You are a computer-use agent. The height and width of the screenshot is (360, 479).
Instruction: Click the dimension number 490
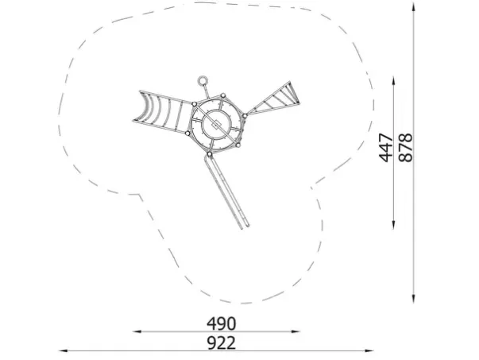coord(222,323)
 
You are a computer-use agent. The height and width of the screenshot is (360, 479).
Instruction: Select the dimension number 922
coord(222,343)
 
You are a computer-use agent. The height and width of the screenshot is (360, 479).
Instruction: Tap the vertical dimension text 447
coord(386,147)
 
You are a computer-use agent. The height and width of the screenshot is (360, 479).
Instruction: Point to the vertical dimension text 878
coord(406,147)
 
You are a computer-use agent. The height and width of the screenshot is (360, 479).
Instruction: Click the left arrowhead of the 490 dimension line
coord(137,331)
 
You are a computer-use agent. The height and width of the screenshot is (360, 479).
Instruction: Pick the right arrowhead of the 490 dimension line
coord(296,331)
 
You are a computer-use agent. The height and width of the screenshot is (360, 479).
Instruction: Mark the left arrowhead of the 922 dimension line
coord(63,350)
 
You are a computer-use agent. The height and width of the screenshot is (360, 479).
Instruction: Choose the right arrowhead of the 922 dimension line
coord(369,350)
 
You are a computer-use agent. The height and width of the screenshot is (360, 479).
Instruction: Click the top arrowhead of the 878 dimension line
coord(413,6)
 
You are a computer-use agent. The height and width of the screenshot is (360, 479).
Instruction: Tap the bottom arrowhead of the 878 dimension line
coord(413,299)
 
